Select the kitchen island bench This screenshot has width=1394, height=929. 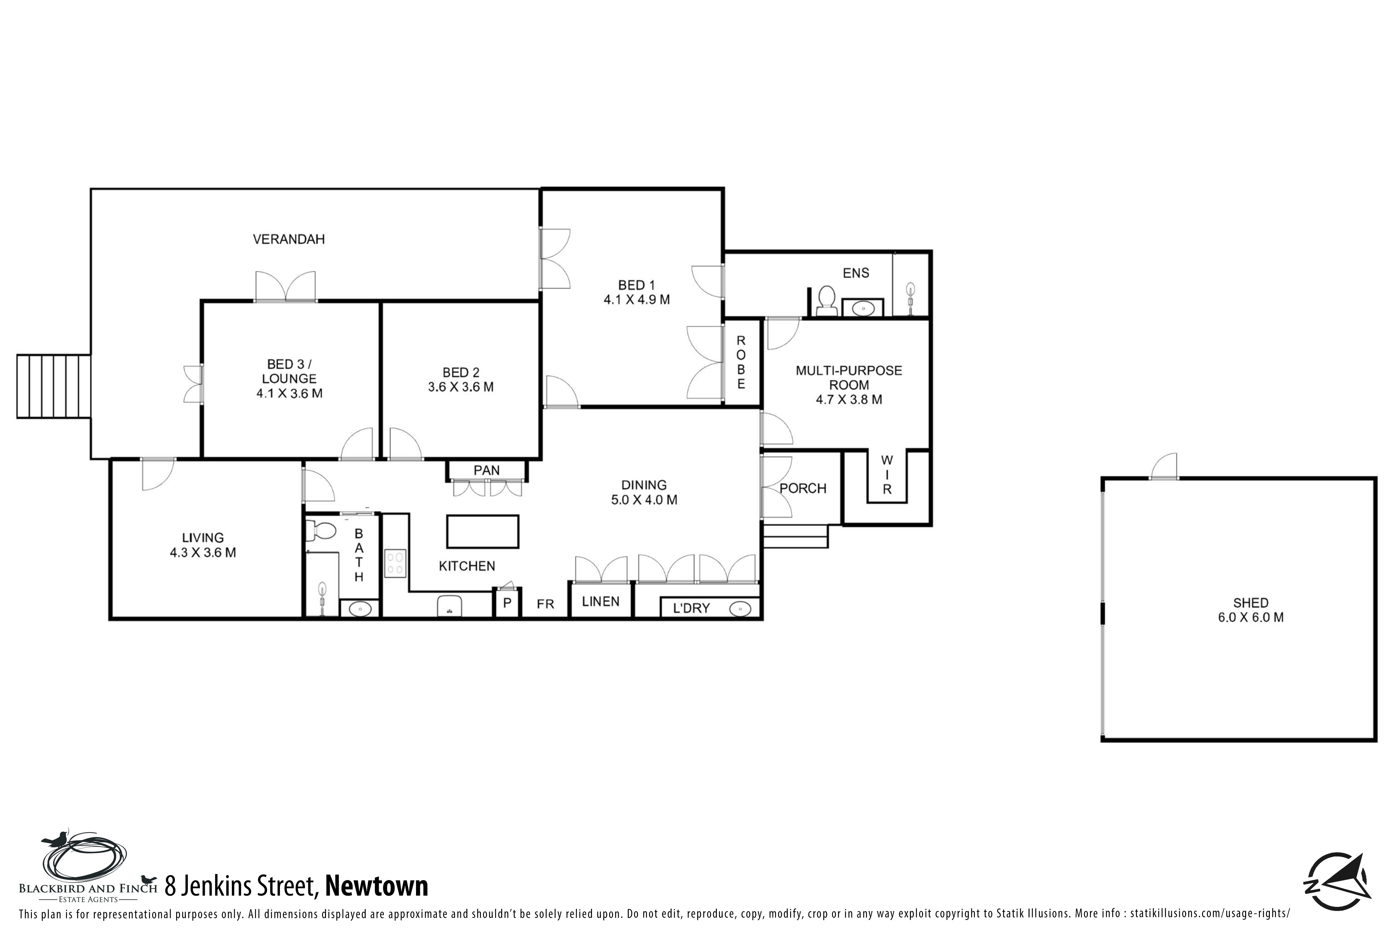pyautogui.click(x=482, y=532)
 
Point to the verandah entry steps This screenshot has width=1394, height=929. pyautogui.click(x=53, y=386)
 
